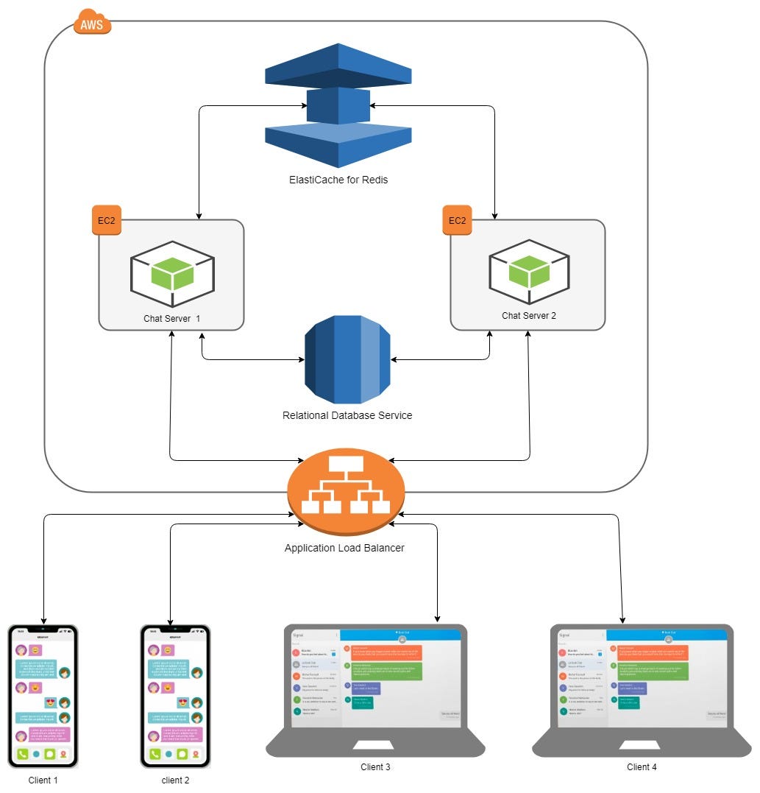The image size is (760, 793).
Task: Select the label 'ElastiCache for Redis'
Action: tap(338, 180)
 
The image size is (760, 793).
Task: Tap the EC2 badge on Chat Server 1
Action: tap(107, 220)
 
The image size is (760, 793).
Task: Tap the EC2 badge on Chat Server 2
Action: tap(458, 220)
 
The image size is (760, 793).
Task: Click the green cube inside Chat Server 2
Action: tap(529, 272)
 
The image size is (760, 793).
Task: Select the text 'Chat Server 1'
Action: tap(172, 318)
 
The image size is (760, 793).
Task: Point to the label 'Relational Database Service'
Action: tap(347, 415)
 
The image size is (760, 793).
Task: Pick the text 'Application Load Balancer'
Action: tap(344, 548)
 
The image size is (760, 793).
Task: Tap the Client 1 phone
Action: tap(43, 696)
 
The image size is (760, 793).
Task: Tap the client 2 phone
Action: tap(175, 696)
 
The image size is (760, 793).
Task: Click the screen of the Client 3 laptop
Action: tap(375, 677)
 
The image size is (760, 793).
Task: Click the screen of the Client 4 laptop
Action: tap(642, 677)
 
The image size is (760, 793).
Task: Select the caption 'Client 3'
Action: tap(375, 767)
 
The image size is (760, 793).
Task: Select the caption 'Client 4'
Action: tap(642, 767)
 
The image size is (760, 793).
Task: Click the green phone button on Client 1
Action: tap(22, 754)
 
